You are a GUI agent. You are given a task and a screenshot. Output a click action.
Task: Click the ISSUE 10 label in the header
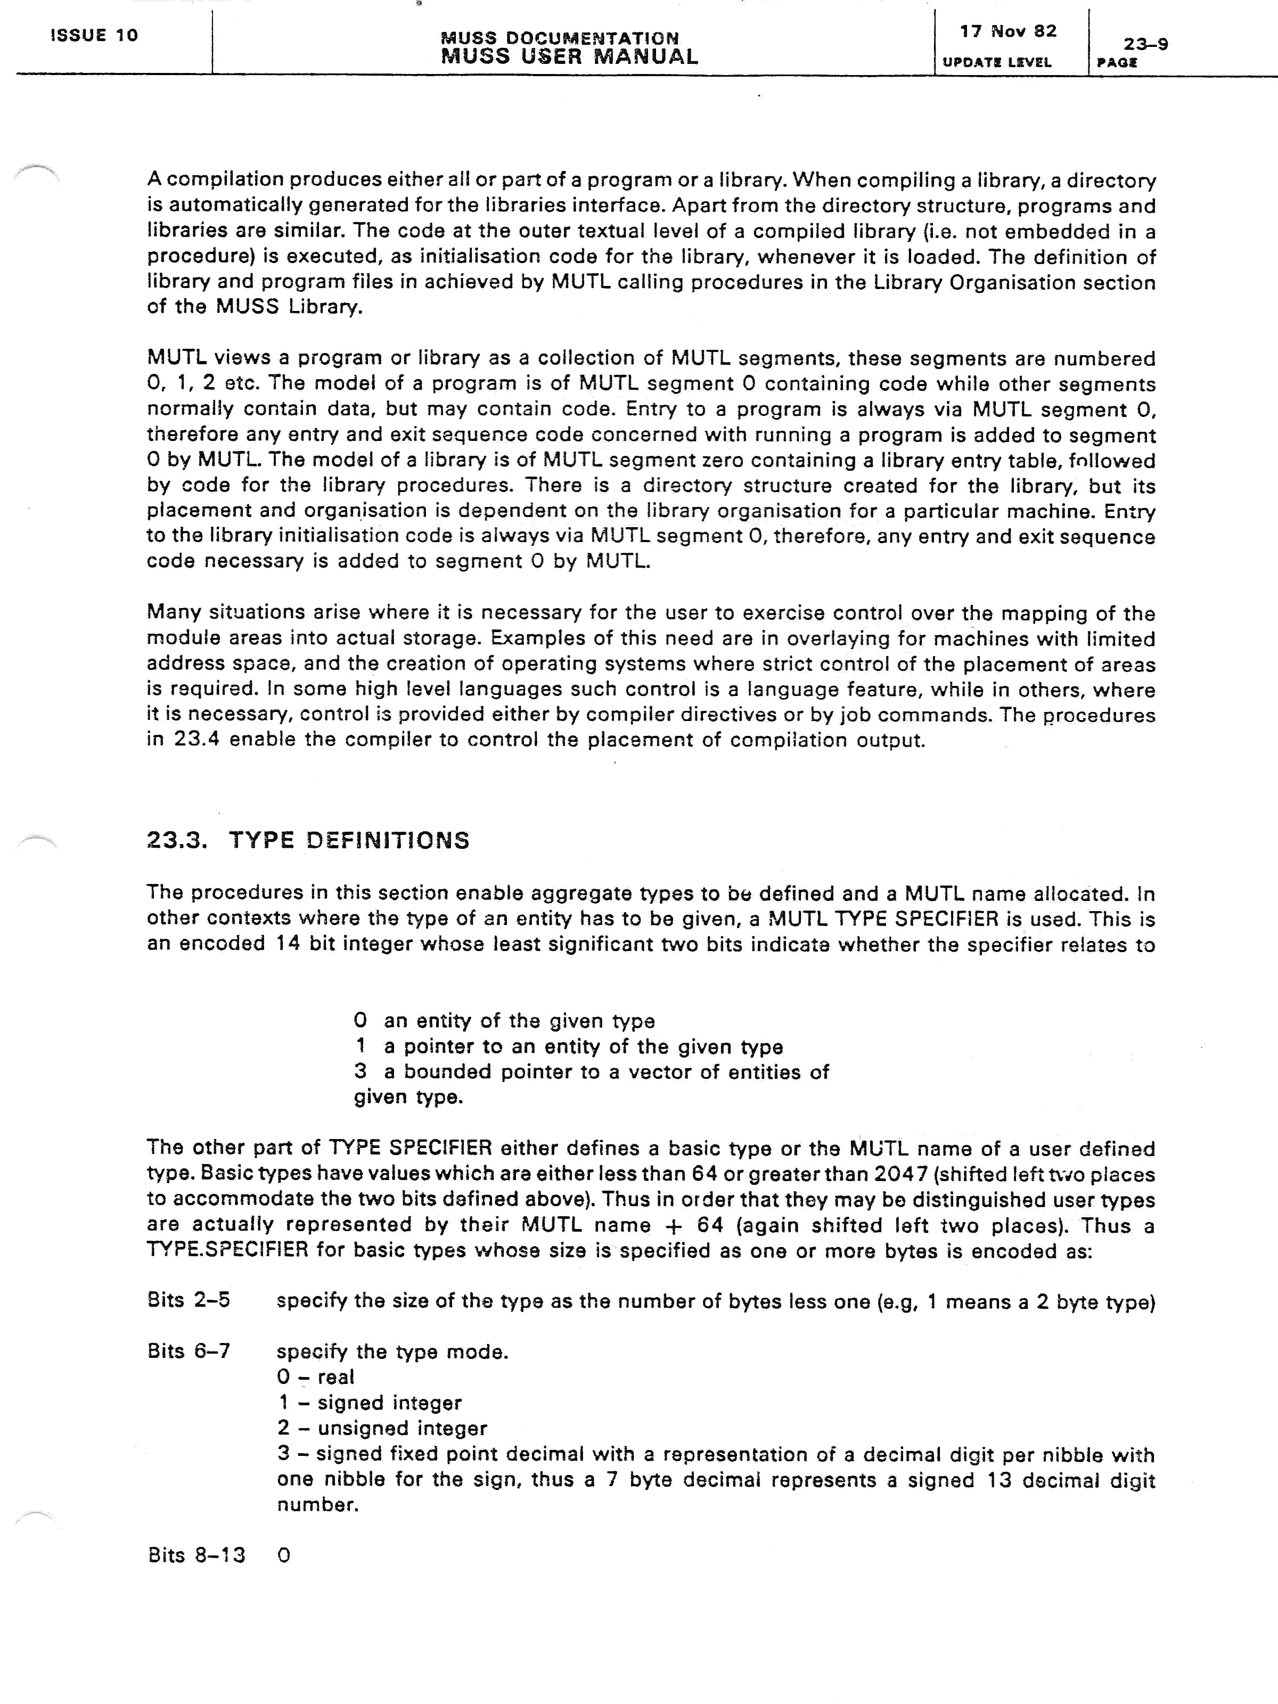coord(94,36)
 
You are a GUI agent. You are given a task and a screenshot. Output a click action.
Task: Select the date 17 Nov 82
coord(1007,31)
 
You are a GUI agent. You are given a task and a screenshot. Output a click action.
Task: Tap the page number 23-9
coord(1145,44)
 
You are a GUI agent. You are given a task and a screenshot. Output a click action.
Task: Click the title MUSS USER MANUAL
coord(569,57)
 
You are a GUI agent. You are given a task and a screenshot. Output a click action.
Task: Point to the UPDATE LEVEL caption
coord(997,62)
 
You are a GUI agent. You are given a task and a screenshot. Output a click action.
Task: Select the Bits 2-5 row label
coord(189,1300)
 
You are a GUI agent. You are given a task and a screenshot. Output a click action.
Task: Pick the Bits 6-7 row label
coord(189,1351)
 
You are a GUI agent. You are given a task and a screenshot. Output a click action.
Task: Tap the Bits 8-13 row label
coord(196,1555)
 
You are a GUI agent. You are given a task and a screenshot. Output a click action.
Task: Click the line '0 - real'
coord(315,1377)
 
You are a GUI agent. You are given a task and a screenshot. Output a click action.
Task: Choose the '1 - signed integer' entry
coord(369,1402)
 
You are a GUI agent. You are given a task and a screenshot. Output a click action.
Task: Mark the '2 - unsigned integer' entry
coord(382,1428)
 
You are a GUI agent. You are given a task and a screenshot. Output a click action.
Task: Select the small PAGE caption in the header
coord(1117,63)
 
